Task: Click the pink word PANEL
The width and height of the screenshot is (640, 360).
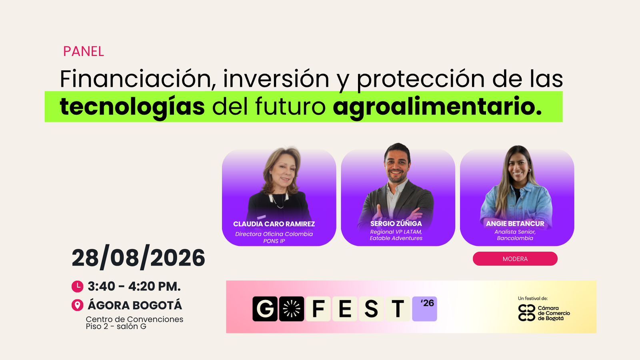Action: pyautogui.click(x=84, y=52)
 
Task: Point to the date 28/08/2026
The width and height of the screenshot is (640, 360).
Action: pyautogui.click(x=138, y=258)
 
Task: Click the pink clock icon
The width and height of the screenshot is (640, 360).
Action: pyautogui.click(x=78, y=286)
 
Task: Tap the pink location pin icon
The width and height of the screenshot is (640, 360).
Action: pyautogui.click(x=78, y=305)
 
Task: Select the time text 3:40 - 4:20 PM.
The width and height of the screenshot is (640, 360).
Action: pyautogui.click(x=134, y=286)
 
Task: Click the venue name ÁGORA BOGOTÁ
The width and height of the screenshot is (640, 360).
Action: pyautogui.click(x=135, y=305)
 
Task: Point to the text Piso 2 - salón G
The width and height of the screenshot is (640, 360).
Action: pyautogui.click(x=116, y=326)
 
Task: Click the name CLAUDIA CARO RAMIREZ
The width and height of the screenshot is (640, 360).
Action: pyautogui.click(x=274, y=224)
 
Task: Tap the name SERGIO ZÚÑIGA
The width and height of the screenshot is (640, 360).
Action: pyautogui.click(x=396, y=224)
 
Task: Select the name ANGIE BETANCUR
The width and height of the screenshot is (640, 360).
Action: pyautogui.click(x=515, y=224)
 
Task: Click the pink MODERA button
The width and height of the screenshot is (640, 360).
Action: pyautogui.click(x=515, y=259)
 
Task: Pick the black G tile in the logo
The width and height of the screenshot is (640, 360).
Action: pyautogui.click(x=265, y=309)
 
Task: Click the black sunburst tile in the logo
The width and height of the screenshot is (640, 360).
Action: pyautogui.click(x=292, y=309)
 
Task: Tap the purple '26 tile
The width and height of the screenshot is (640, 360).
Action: pyautogui.click(x=424, y=309)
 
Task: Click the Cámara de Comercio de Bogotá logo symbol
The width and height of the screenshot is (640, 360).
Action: pyautogui.click(x=526, y=313)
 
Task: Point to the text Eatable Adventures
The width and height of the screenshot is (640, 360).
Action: pyautogui.click(x=396, y=238)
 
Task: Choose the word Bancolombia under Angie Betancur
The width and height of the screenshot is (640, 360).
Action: pyautogui.click(x=515, y=238)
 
